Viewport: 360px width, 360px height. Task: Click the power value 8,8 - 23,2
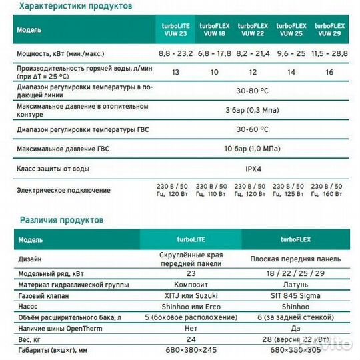click(x=175, y=51)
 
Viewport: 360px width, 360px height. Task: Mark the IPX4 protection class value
click(x=251, y=169)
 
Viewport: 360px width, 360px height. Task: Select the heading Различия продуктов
click(x=61, y=219)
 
